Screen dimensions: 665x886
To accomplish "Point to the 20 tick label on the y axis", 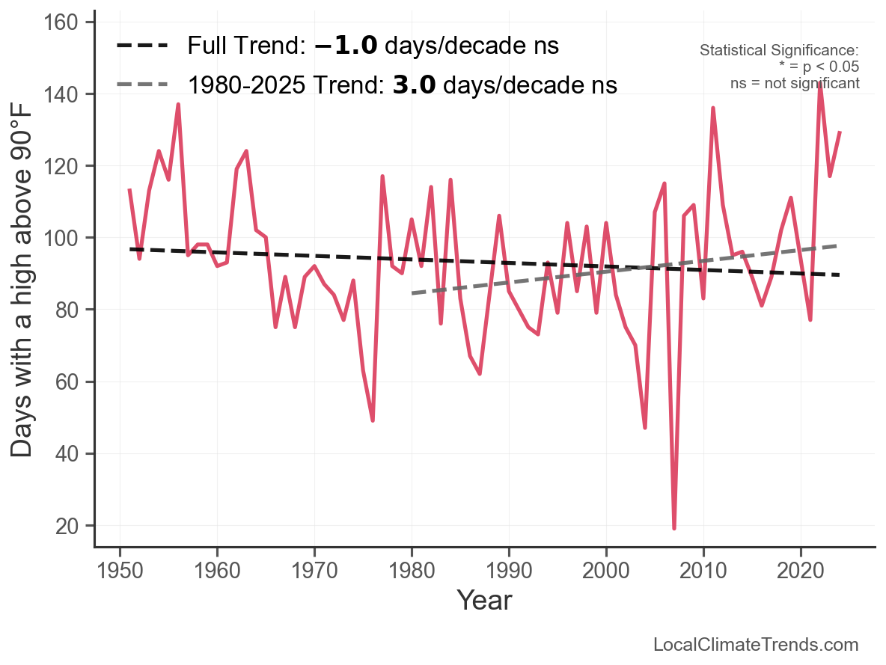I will [69, 526].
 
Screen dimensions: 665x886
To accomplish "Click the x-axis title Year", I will [484, 600].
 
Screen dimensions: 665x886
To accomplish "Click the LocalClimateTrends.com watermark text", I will [756, 645].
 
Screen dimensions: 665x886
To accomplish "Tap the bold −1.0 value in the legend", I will [346, 46].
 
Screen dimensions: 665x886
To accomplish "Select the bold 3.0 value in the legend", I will [414, 85].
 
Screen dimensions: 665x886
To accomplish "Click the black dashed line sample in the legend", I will [142, 46].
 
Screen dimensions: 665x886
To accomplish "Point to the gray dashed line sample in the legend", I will [142, 85].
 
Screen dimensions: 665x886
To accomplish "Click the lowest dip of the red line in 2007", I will [674, 528].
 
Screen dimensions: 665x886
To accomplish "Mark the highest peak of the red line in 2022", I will [820, 83].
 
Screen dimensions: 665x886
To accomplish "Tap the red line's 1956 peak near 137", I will [178, 105].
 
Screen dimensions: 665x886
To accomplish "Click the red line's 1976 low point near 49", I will [373, 420].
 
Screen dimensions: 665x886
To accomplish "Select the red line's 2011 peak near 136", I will [713, 108].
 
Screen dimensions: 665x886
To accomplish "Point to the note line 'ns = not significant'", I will [795, 83].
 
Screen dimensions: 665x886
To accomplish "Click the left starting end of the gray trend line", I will [412, 293].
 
